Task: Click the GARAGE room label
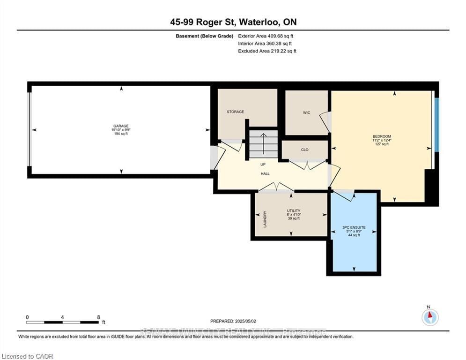[x=120, y=127]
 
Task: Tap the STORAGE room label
[x=236, y=112]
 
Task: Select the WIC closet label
[x=307, y=113]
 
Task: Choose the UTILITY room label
[x=294, y=211]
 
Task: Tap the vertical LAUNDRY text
[x=265, y=218]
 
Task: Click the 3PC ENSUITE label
[x=354, y=228]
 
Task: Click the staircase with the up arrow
[x=263, y=144]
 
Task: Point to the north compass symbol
[x=430, y=317]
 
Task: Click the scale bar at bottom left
[x=63, y=322]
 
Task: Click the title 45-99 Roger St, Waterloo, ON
[x=233, y=22]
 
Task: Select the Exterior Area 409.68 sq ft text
[x=266, y=36]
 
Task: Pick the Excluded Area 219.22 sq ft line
[x=267, y=51]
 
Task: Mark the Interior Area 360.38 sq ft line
[x=266, y=44]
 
